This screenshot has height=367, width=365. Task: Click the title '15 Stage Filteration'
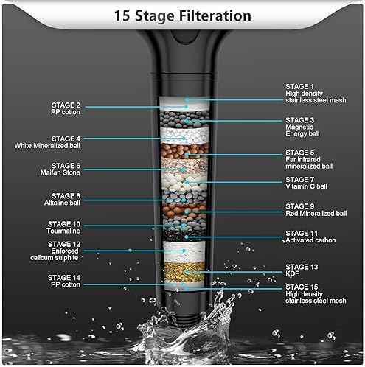[181, 15]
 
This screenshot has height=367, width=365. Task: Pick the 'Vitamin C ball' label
[305, 183]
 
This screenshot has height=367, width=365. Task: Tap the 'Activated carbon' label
[310, 237]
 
